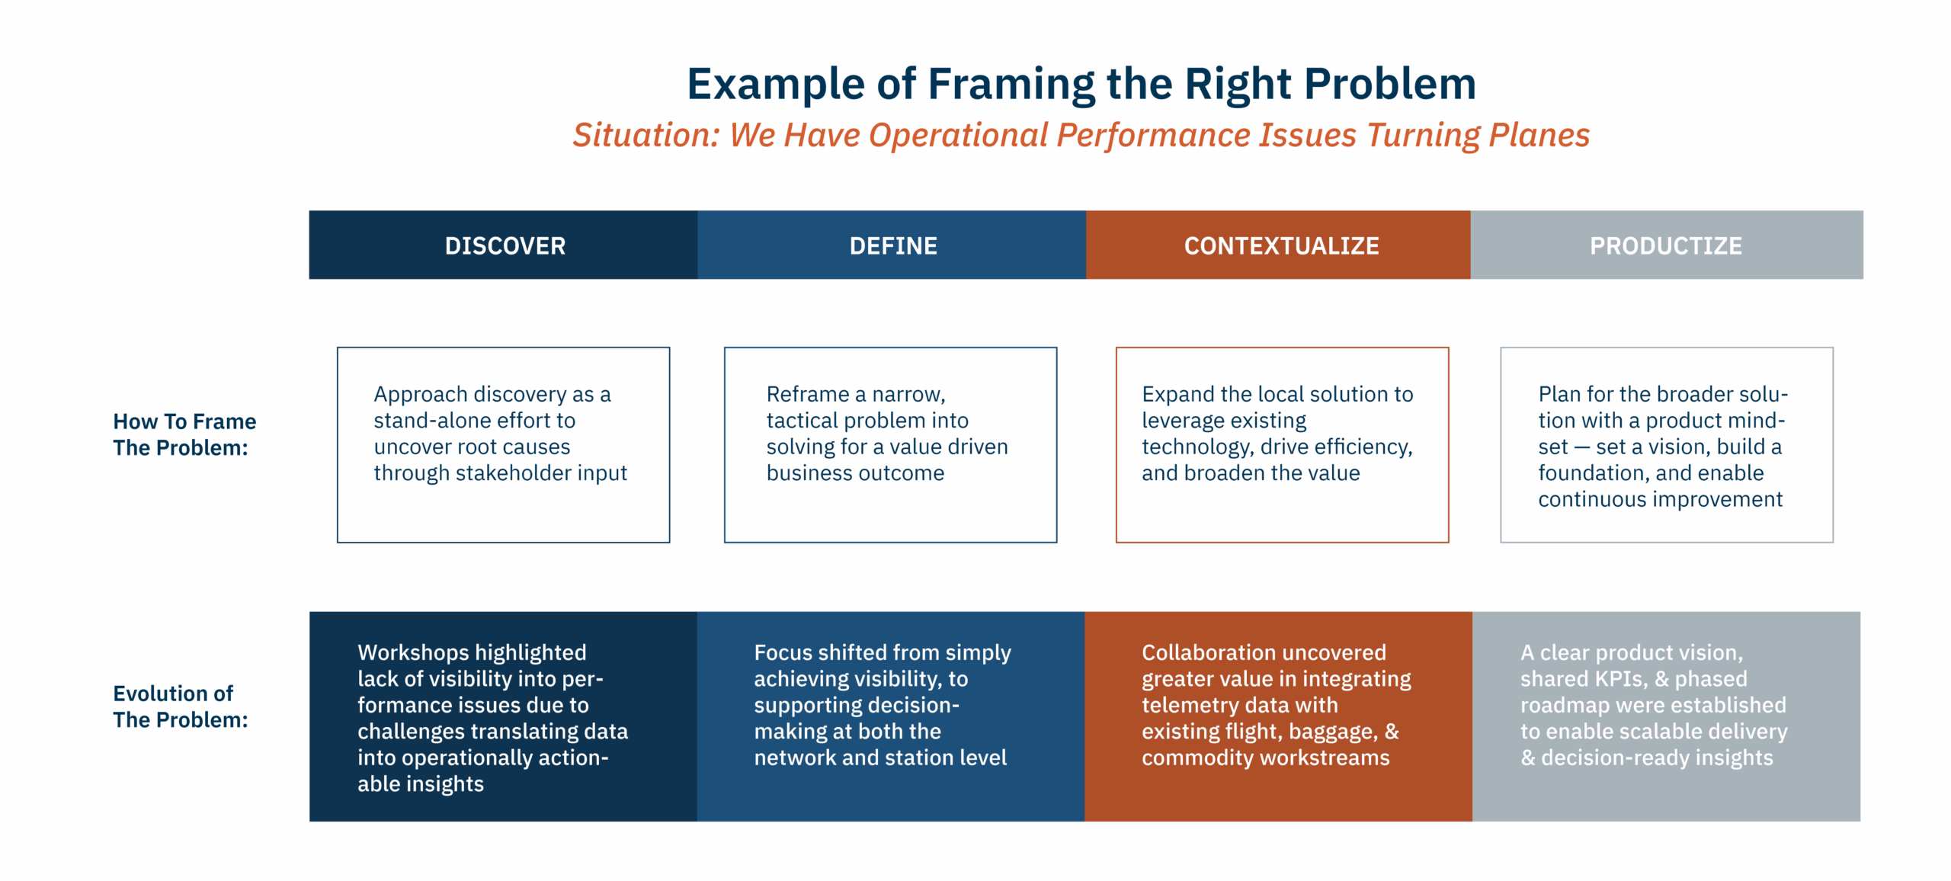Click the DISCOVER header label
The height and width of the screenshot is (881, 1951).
505,245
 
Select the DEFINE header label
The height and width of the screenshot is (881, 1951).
893,245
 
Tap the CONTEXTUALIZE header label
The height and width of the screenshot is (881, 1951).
1281,245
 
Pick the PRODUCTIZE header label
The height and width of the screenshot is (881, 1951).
1666,245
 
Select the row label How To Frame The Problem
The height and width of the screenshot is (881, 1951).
184,434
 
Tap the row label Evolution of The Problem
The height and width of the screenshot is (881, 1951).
181,706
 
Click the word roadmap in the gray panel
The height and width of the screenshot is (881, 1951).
1562,705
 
